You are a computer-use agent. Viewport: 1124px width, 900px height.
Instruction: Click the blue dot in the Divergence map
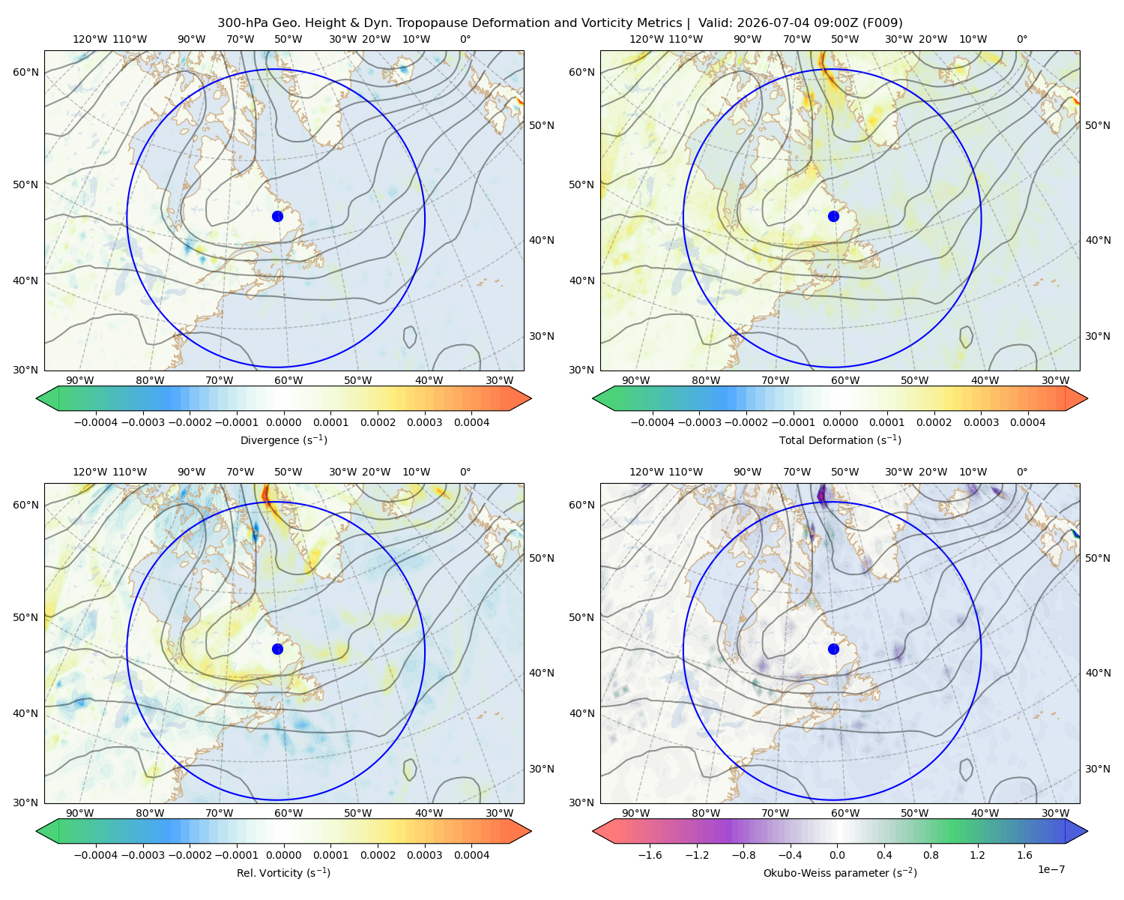click(x=277, y=216)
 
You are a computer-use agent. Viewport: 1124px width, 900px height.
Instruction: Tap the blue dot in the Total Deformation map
click(x=833, y=216)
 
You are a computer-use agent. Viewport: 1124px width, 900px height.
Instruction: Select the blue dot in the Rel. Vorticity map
click(x=277, y=649)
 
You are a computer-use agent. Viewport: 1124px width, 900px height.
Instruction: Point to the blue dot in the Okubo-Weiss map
click(x=833, y=649)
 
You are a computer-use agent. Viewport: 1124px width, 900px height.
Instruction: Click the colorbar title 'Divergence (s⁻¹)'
click(x=283, y=439)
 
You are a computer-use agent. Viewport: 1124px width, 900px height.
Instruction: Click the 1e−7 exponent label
click(x=1051, y=869)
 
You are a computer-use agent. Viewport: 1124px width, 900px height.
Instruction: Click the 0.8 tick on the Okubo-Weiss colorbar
click(x=931, y=855)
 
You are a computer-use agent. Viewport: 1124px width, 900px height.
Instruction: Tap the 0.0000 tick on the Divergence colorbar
click(x=283, y=422)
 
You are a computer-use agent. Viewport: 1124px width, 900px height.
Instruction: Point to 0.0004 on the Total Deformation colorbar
click(x=1027, y=422)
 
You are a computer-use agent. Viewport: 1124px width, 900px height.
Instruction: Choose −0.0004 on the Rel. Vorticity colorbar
click(x=96, y=855)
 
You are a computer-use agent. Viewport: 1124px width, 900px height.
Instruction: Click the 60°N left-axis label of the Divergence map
click(x=25, y=72)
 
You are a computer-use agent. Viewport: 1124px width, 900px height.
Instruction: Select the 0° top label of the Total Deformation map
click(x=1021, y=39)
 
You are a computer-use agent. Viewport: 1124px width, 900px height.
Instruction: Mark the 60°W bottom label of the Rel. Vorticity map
click(x=288, y=813)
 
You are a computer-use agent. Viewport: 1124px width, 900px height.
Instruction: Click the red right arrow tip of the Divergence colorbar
click(x=531, y=398)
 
